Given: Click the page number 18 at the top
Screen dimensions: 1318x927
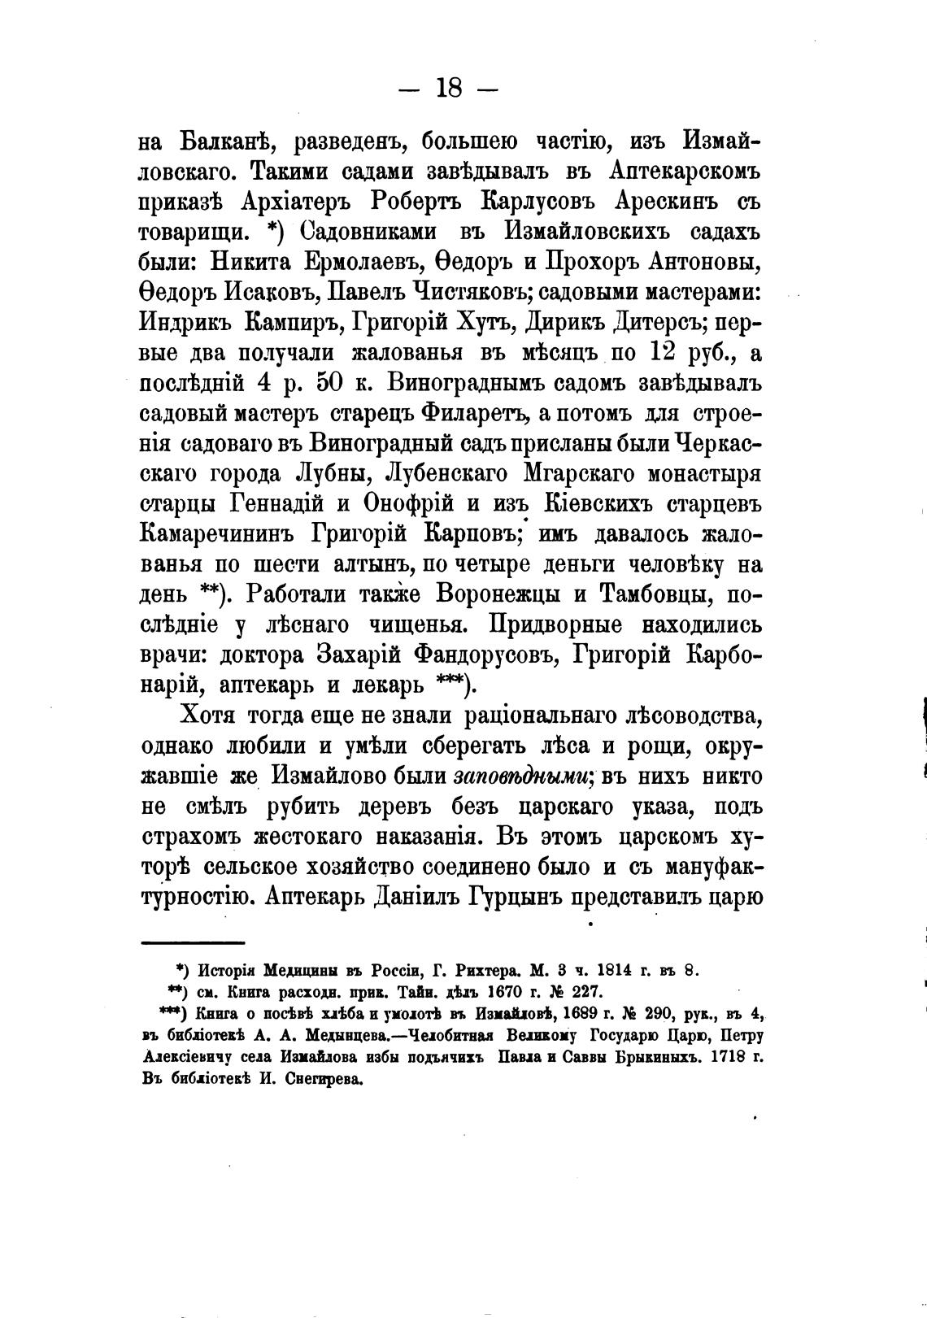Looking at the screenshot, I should click(449, 87).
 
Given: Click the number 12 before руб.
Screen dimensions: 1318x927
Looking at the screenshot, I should click(669, 352).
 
